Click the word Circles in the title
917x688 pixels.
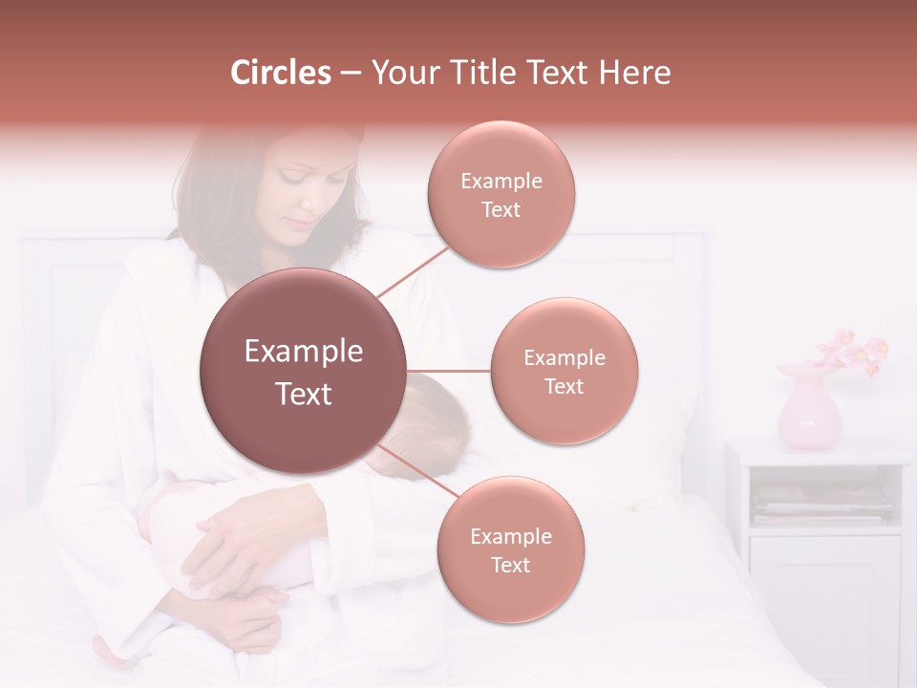tap(280, 73)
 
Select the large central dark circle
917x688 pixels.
tap(304, 371)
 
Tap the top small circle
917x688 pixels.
tap(501, 194)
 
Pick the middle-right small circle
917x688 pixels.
tap(564, 371)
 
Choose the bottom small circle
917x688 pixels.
tap(510, 549)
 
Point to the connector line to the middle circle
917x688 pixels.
tap(449, 371)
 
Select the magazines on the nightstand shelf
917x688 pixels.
tap(821, 500)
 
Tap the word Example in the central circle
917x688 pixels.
tap(304, 351)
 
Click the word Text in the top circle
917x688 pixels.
tap(501, 209)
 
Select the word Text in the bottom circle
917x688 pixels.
tap(510, 565)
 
